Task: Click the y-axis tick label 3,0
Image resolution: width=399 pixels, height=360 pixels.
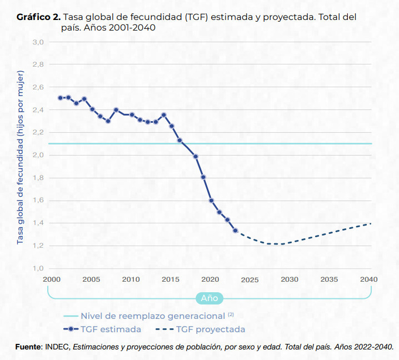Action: pos(37,42)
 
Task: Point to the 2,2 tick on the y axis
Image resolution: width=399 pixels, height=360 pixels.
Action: pos(37,133)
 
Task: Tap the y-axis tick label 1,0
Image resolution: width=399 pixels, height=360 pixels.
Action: pos(37,269)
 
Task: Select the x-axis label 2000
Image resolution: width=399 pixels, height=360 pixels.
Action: pos(52,279)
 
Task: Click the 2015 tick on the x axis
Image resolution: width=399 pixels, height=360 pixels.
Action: pos(171,279)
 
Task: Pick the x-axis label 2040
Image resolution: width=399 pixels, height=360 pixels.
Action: pos(368,279)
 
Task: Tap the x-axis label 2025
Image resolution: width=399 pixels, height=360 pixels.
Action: pos(250,279)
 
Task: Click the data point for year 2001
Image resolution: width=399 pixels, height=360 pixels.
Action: pos(60,98)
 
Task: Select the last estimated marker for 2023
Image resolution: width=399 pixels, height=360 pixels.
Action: pos(235,231)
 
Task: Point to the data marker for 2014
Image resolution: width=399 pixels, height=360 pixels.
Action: pos(164,115)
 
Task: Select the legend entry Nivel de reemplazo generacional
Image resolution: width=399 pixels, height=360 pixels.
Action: pos(153,316)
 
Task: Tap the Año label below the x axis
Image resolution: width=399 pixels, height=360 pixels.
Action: pos(209,298)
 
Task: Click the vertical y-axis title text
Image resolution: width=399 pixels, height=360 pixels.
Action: pos(21,157)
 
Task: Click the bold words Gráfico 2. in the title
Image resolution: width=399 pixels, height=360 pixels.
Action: pos(38,17)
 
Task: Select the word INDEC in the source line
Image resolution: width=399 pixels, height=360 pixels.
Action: pos(58,347)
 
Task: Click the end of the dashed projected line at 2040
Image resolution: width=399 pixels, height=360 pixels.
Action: pos(370,223)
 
